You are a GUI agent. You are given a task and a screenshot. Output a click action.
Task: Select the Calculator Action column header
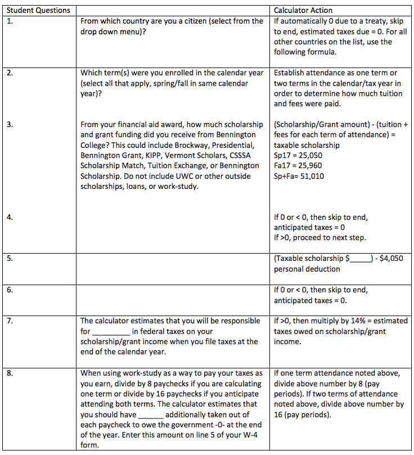point(303,10)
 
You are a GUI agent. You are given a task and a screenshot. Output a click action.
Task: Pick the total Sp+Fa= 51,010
point(299,175)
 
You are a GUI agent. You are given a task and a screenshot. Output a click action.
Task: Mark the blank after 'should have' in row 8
point(150,416)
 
